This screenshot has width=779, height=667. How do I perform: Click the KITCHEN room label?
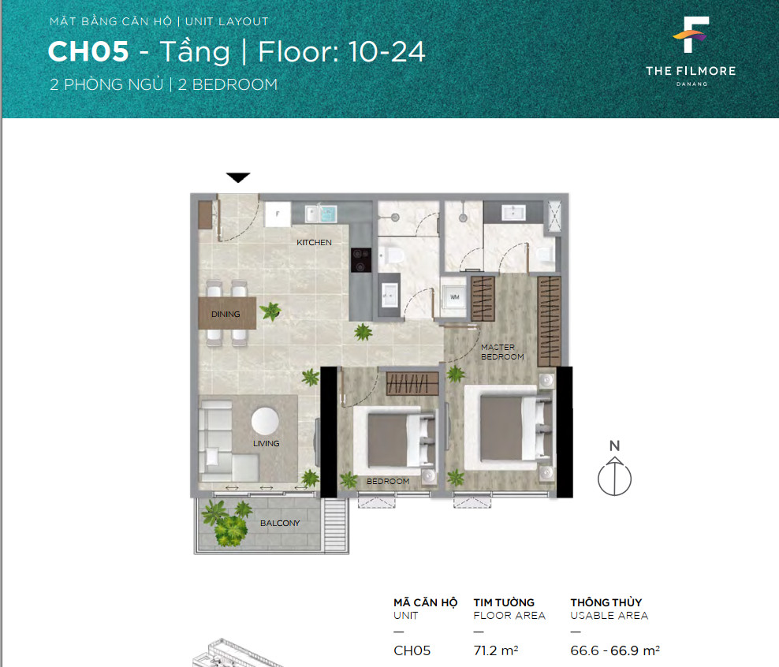pyautogui.click(x=314, y=242)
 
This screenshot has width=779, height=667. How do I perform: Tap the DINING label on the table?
pyautogui.click(x=225, y=314)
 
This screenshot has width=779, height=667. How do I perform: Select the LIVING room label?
pyautogui.click(x=266, y=444)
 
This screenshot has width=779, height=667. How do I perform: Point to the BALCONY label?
pyautogui.click(x=280, y=523)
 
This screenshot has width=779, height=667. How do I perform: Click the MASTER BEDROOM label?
pyautogui.click(x=502, y=352)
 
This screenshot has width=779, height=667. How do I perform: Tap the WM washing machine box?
pyautogui.click(x=455, y=297)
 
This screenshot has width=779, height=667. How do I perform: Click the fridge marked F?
pyautogui.click(x=278, y=214)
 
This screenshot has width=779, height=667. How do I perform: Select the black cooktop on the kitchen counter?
pyautogui.click(x=361, y=259)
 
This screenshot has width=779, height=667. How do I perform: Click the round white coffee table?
pyautogui.click(x=265, y=421)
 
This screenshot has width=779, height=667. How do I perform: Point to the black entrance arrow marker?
pyautogui.click(x=238, y=177)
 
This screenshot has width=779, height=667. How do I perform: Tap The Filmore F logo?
pyautogui.click(x=691, y=35)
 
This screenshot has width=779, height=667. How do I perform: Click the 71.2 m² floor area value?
pyautogui.click(x=496, y=650)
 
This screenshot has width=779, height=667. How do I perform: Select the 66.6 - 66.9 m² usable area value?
pyautogui.click(x=615, y=650)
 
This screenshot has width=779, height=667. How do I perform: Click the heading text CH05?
pyautogui.click(x=88, y=52)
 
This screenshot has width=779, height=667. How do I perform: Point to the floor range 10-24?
pyautogui.click(x=386, y=52)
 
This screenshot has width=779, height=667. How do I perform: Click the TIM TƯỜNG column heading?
pyautogui.click(x=504, y=602)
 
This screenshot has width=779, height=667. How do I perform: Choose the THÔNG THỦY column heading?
pyautogui.click(x=606, y=602)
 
